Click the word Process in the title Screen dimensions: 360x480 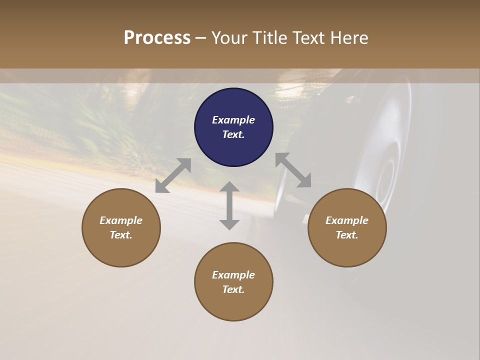[157, 38]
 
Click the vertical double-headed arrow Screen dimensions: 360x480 [229, 205]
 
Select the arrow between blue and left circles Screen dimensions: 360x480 [173, 175]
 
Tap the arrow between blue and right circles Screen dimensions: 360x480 [293, 170]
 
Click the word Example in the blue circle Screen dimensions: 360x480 [233, 120]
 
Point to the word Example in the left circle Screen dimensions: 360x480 [121, 220]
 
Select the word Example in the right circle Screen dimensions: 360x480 [347, 220]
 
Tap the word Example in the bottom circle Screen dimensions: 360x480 [233, 275]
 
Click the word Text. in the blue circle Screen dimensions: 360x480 [233, 134]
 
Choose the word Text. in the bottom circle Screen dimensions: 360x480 [233, 289]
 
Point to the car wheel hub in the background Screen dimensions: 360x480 [385, 180]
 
